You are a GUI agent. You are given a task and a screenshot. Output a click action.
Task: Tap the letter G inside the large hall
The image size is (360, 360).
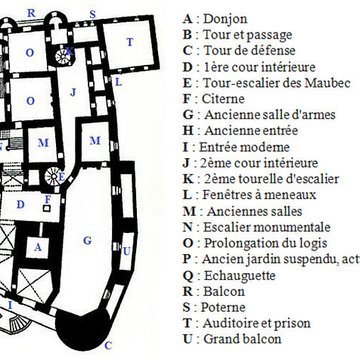pos(89,240)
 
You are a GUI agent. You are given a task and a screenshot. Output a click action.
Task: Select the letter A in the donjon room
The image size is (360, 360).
pos(37,246)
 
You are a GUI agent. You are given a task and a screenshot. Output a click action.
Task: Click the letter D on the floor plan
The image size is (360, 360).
pos(20,204)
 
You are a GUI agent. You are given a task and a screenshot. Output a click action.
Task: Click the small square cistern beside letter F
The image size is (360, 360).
pos(46,211)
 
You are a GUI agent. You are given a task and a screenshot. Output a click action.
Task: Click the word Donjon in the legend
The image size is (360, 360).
pos(225,17)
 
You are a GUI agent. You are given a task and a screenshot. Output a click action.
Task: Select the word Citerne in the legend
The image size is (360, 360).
pos(223,100)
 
